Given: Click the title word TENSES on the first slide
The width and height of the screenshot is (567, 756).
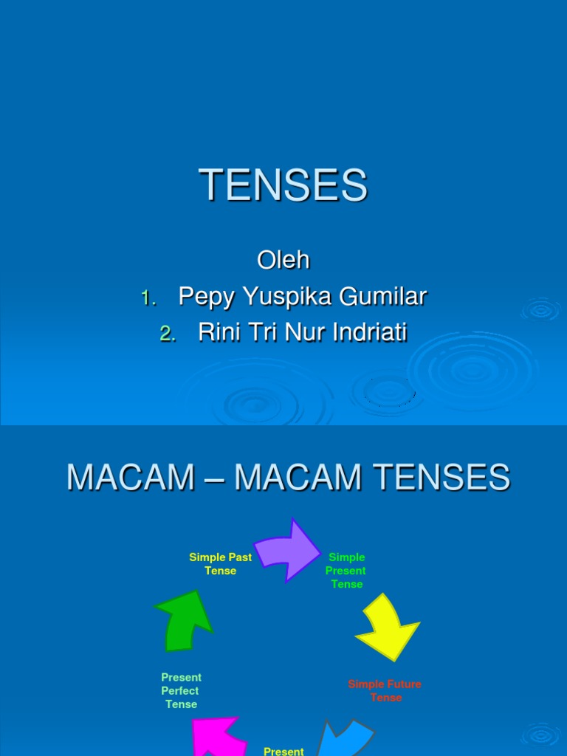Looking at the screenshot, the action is click(283, 185).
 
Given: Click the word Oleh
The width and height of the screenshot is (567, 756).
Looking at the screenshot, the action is click(283, 260).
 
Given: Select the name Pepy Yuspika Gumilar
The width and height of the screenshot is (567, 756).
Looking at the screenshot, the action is click(303, 297).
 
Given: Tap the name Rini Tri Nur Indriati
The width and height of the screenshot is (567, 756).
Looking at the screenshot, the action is click(303, 332).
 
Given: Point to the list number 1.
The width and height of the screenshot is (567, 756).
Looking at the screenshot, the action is click(148, 298).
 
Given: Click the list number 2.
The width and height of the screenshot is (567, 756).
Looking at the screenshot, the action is click(168, 334).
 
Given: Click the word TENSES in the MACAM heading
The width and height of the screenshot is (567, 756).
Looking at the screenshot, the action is click(441, 478).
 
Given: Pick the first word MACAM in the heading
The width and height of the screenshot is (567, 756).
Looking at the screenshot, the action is click(131, 478).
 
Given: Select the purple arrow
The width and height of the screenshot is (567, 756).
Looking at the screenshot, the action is click(288, 551).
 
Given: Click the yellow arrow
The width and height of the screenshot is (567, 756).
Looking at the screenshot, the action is click(388, 628).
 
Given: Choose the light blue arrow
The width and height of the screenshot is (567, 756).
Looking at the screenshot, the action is click(346, 738).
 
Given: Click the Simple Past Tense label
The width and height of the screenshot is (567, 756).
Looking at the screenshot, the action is click(220, 564).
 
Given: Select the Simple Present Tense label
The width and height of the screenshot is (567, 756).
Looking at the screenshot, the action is click(346, 571).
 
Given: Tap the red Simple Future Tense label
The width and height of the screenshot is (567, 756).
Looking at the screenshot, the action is click(385, 691).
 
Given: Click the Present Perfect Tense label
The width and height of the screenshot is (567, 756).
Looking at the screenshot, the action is click(181, 691).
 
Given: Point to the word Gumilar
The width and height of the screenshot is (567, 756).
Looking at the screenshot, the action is click(383, 295).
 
